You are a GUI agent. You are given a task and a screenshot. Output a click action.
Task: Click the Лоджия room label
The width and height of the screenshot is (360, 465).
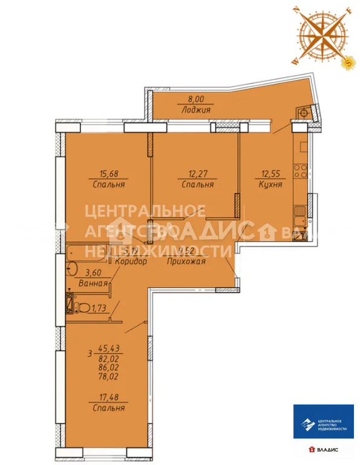point(195,110)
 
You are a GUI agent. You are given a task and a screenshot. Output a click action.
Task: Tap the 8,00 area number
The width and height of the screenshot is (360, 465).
point(195,101)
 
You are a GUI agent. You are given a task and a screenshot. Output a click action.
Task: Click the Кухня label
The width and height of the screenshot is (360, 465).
point(270,185)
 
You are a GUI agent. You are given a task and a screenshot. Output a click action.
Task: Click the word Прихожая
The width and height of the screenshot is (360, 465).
point(188,262)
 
